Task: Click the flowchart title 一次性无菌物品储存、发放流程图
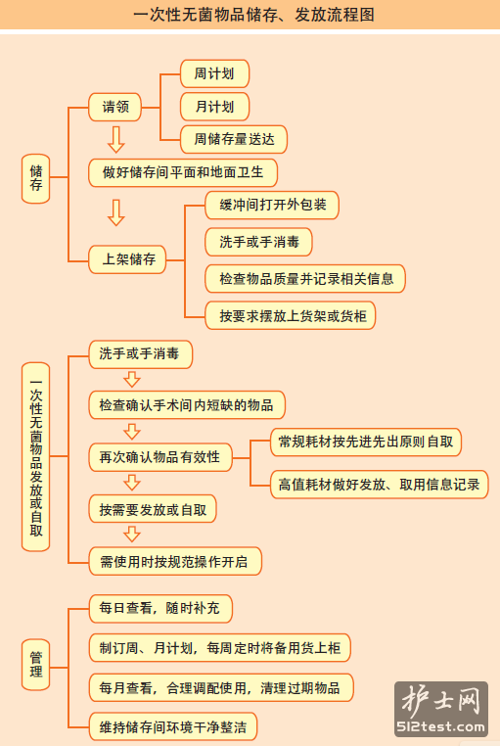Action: click(253, 15)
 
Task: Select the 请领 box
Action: click(115, 107)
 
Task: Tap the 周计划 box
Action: click(214, 73)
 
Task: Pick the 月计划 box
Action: click(214, 107)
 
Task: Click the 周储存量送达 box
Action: click(233, 139)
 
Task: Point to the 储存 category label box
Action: click(35, 178)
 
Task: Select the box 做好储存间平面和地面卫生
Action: click(183, 172)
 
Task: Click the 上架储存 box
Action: click(127, 259)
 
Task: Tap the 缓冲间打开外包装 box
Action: click(272, 205)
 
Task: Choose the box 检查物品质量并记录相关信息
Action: click(305, 279)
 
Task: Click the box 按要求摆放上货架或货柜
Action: click(291, 315)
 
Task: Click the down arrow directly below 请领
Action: click(116, 139)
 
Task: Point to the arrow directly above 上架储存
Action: click(116, 212)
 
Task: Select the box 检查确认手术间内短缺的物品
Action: click(187, 405)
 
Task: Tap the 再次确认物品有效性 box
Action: click(160, 458)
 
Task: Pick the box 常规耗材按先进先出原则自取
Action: click(366, 442)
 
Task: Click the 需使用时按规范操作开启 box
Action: click(175, 561)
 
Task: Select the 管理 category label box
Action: click(35, 665)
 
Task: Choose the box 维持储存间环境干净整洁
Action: click(173, 726)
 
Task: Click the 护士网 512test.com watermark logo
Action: click(441, 709)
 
